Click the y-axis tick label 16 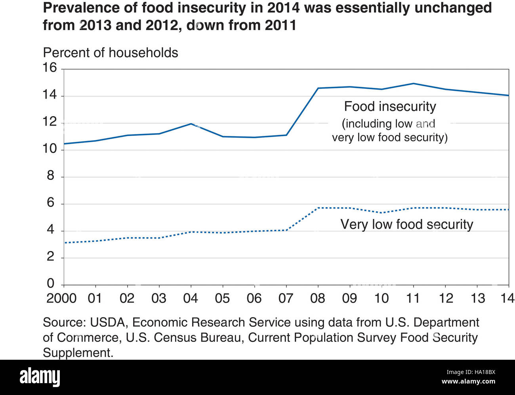(50, 68)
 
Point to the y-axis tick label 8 (50, 176)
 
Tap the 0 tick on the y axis (50, 283)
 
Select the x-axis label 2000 (61, 298)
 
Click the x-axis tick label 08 (318, 298)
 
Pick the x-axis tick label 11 (413, 298)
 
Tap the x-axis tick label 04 (191, 298)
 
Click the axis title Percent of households (111, 53)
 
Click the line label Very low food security (407, 224)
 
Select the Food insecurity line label (390, 107)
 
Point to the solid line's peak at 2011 (414, 84)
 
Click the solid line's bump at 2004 (191, 124)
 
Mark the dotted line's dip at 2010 (381, 213)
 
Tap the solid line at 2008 (318, 88)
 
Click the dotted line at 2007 (286, 230)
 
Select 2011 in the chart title (280, 25)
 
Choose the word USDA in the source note (108, 322)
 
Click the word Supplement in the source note (77, 353)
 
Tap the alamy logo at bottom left (40, 376)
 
